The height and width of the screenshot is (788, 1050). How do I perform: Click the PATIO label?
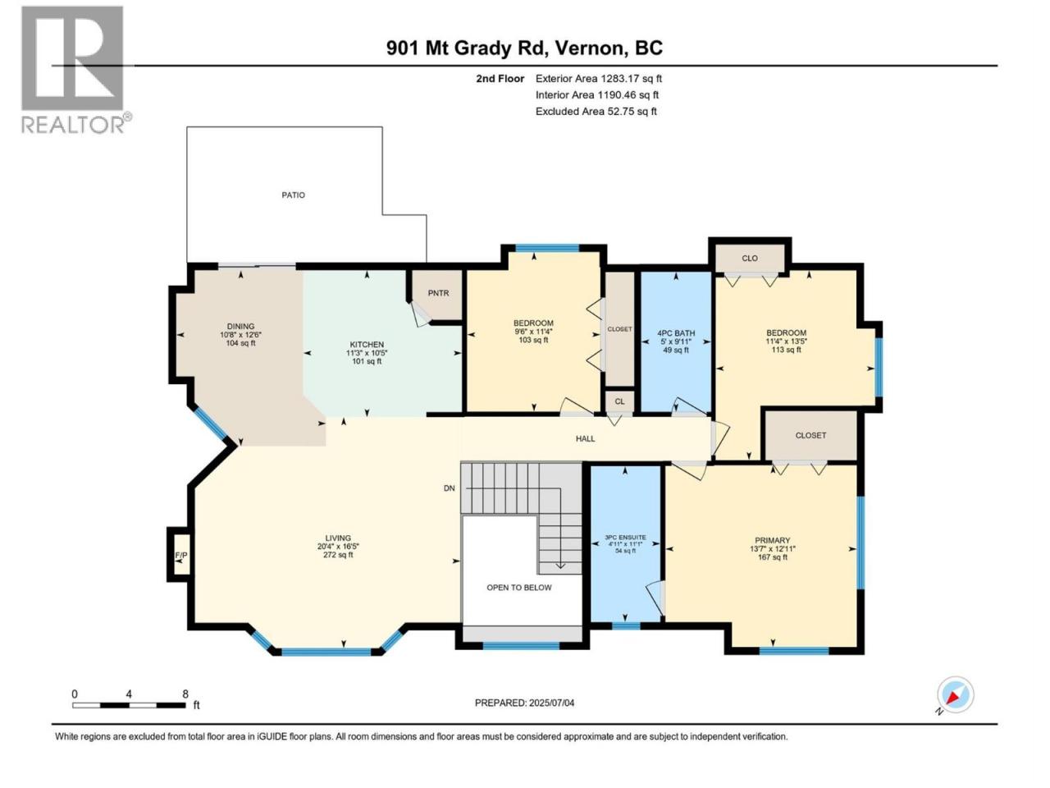tap(293, 195)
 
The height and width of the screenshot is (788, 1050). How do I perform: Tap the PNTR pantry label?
tap(438, 293)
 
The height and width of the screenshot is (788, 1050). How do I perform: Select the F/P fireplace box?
tap(180, 555)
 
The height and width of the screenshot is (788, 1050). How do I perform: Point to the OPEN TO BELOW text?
tap(518, 588)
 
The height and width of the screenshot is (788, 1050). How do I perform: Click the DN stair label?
tap(449, 488)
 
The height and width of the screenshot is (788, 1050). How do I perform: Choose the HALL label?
tap(585, 438)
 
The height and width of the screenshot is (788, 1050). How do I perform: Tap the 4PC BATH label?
tap(675, 333)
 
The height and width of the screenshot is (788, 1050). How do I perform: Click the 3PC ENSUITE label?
tap(625, 538)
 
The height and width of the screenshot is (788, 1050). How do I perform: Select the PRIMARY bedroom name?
tap(772, 540)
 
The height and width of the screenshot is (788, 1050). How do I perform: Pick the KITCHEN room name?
tap(367, 345)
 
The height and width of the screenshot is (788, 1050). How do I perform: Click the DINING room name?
tap(240, 327)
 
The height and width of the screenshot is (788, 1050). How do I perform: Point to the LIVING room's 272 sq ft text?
tap(338, 555)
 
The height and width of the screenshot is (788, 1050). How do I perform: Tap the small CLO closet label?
tap(749, 259)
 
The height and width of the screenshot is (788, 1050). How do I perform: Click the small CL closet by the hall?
tap(619, 401)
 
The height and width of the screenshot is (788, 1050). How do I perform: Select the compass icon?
tap(955, 694)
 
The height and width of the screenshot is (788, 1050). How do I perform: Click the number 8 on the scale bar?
tap(185, 694)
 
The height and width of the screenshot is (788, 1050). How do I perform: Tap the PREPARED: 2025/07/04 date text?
tap(524, 703)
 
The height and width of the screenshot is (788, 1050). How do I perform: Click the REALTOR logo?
tap(76, 70)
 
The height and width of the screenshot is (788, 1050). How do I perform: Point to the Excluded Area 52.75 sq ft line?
tap(596, 112)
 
